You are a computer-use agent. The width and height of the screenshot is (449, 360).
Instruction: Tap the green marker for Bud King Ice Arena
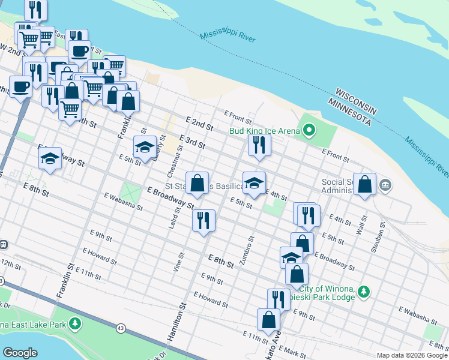(x=309, y=130)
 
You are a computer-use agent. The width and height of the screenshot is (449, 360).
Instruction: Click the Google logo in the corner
(x=20, y=352)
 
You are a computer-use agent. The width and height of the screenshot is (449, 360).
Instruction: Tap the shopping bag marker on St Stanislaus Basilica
(x=197, y=184)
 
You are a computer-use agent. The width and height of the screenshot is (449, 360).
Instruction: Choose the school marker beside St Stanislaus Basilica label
(x=254, y=184)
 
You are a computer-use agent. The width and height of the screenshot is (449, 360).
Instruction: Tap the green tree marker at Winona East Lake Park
(x=74, y=325)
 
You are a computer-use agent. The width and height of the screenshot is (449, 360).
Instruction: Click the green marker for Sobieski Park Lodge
(x=363, y=292)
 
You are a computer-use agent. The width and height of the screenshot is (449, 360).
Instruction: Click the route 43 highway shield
(x=121, y=328)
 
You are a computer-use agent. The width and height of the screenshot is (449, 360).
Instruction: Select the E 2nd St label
(x=200, y=124)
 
